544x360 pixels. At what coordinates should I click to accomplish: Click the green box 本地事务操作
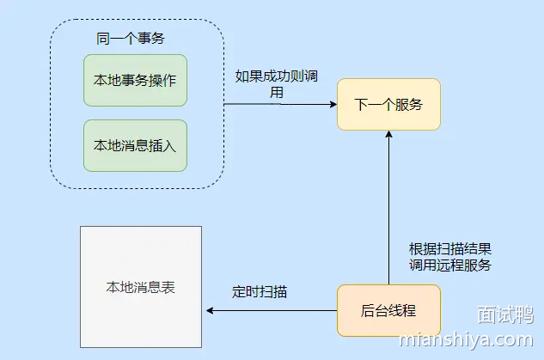click(135, 80)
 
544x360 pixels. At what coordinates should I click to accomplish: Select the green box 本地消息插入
click(135, 145)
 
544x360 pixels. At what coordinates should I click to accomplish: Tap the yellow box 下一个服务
click(388, 105)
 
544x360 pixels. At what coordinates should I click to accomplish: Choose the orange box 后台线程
click(388, 309)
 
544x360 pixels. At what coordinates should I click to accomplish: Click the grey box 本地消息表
click(140, 286)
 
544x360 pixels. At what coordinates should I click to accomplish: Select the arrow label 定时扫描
click(260, 291)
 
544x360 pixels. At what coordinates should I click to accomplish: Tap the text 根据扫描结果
click(449, 248)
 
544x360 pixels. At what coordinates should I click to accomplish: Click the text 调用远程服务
click(449, 265)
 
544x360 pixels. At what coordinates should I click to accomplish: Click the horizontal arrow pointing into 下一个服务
click(279, 105)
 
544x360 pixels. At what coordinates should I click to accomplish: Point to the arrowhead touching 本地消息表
click(207, 309)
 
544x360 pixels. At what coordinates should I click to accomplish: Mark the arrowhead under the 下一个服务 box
click(388, 136)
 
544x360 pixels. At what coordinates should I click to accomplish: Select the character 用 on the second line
click(277, 92)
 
